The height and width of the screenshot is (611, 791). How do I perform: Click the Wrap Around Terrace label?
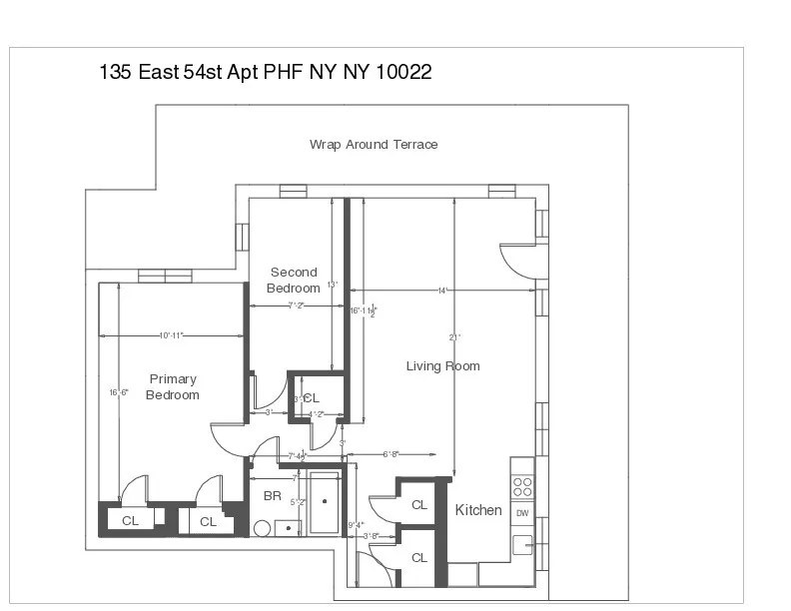[x=374, y=145]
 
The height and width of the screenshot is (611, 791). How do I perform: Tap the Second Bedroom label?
[x=294, y=280]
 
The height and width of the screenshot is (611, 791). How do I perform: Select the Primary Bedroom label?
[x=173, y=386]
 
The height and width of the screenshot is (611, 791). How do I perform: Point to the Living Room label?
[x=442, y=366]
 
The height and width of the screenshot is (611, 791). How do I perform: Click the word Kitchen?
[x=478, y=510]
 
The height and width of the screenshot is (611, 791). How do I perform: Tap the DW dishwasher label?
[x=522, y=513]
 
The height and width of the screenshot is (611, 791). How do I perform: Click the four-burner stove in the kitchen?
[x=522, y=486]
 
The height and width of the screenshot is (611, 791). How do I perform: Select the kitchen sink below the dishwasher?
[x=522, y=545]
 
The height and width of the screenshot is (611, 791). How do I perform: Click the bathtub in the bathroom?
[x=324, y=502]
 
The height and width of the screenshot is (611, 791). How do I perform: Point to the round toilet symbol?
[x=263, y=528]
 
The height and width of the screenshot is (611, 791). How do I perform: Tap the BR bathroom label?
[x=272, y=495]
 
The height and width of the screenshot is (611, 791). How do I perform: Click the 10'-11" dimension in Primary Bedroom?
[x=171, y=335]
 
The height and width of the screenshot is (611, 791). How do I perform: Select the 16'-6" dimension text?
[x=119, y=392]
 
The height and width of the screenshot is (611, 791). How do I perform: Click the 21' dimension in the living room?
[x=454, y=337]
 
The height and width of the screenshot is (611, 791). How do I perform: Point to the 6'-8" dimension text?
[x=393, y=454]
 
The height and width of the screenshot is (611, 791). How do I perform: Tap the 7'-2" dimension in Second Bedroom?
[x=296, y=305]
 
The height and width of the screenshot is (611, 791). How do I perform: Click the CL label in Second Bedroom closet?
[x=312, y=398]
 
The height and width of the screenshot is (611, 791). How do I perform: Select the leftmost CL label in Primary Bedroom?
[x=130, y=521]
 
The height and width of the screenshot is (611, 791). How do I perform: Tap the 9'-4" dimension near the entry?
[x=356, y=525]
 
